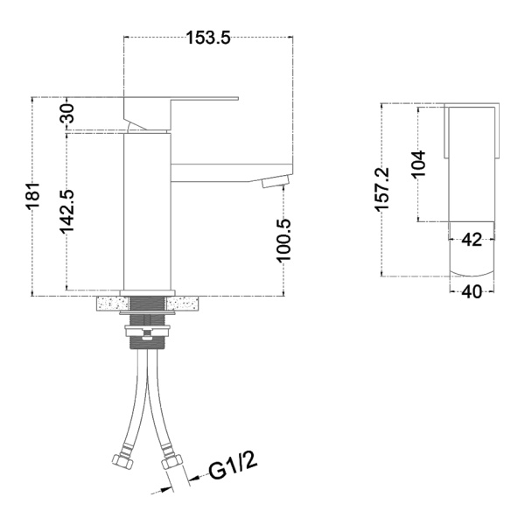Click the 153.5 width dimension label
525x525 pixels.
[208, 38]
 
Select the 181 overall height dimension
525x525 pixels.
[33, 195]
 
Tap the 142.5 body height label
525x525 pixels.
[66, 211]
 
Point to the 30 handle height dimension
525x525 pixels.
[66, 113]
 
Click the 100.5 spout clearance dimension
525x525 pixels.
[283, 240]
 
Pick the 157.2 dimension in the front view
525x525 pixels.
[382, 190]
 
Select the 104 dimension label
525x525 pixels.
[418, 164]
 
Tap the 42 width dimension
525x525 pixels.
[472, 240]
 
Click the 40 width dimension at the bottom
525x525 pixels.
[472, 292]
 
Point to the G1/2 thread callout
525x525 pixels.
[234, 466]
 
